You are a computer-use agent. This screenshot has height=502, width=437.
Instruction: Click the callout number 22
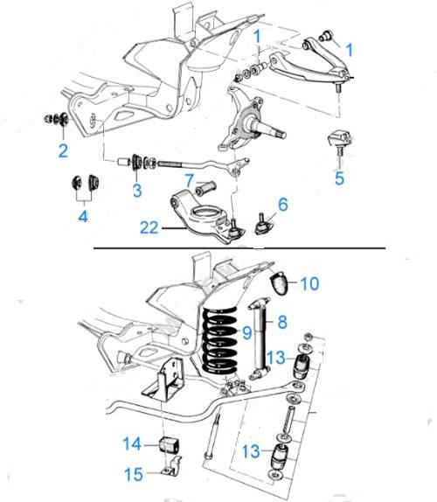tap(149, 227)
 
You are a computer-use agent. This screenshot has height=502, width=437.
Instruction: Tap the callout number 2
tap(63, 150)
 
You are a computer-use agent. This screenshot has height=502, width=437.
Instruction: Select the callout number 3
tap(137, 190)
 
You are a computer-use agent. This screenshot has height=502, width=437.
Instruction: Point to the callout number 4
tap(83, 216)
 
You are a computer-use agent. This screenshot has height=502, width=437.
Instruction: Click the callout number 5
tap(339, 178)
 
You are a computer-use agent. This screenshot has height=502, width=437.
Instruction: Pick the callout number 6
tap(283, 205)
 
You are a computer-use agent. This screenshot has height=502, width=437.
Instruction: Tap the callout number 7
tap(190, 180)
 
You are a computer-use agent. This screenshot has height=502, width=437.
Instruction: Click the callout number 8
tap(282, 322)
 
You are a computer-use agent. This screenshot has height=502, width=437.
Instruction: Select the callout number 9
tap(247, 332)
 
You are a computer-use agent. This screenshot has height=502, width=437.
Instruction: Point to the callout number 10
tap(309, 283)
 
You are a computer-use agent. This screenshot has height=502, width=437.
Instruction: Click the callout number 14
tap(132, 443)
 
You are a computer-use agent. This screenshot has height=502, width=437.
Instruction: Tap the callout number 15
tap(134, 474)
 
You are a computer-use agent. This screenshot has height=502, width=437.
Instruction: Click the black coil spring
tap(220, 340)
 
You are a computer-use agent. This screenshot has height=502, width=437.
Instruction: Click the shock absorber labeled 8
tap(260, 338)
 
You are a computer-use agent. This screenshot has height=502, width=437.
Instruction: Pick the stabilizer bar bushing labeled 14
tap(170, 444)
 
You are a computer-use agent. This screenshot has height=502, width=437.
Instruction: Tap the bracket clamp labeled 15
tap(171, 466)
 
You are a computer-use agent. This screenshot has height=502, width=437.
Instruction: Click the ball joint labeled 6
tap(263, 224)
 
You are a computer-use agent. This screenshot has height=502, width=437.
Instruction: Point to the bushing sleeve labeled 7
tap(205, 188)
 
